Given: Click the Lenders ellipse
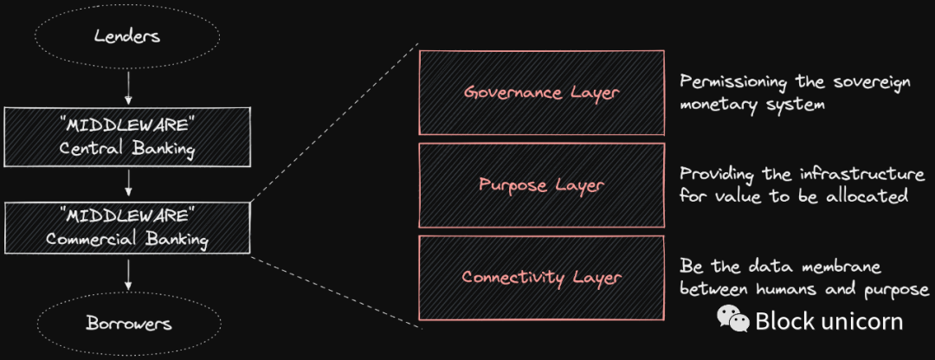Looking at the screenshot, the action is (x=128, y=37).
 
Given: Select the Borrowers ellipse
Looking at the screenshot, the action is (x=128, y=325).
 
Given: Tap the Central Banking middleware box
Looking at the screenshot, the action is (x=128, y=138).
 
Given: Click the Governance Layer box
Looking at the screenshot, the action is (x=542, y=92).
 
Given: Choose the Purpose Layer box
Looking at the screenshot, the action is (x=542, y=185).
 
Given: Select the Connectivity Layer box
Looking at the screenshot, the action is (x=542, y=278).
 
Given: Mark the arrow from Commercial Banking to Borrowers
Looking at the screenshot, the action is (x=128, y=274).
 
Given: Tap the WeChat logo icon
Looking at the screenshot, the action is (x=732, y=320).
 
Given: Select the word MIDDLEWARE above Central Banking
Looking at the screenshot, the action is (x=128, y=127).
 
